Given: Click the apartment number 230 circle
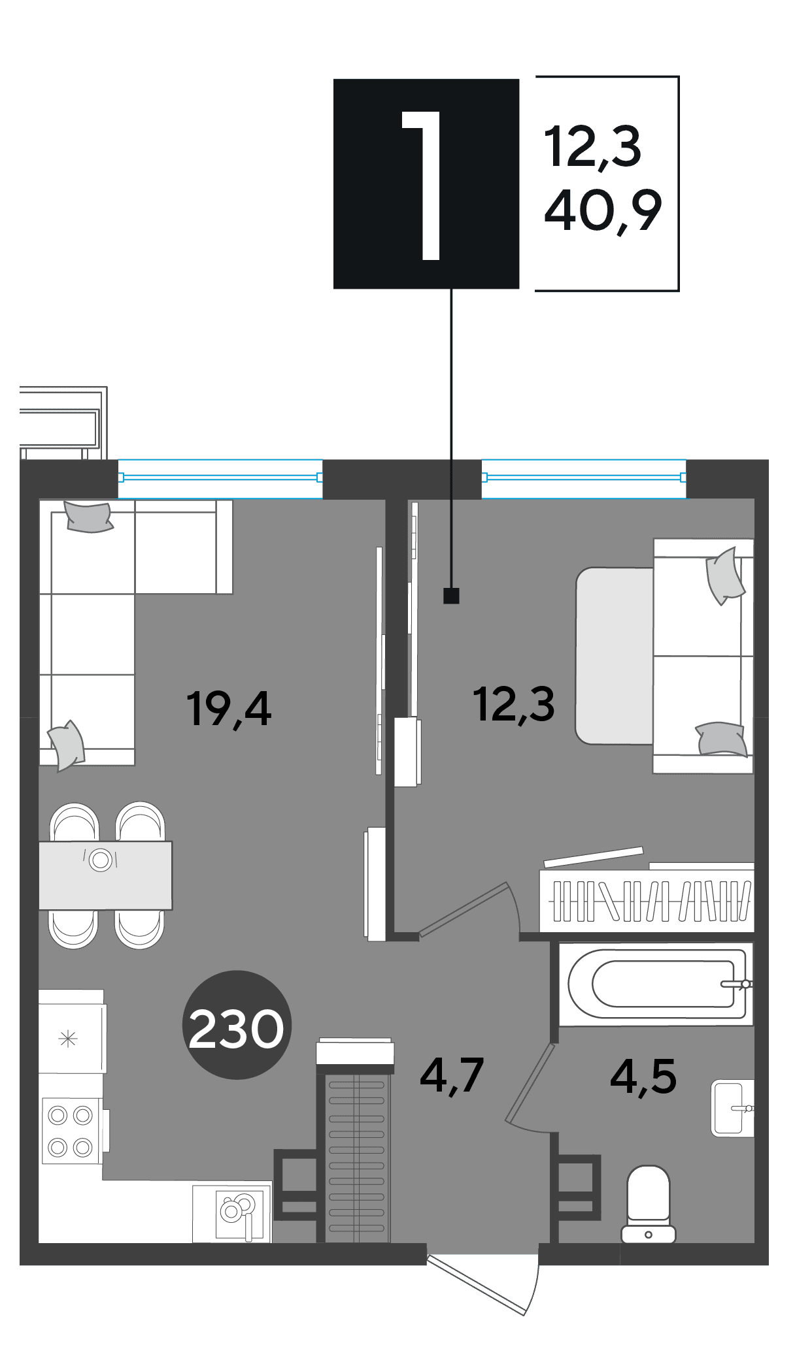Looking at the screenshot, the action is tap(236, 1024).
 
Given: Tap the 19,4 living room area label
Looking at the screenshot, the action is tap(228, 709).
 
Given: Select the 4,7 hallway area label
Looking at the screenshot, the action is tap(452, 1075).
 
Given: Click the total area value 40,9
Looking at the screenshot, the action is tap(603, 210).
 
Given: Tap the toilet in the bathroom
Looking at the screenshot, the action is tap(648, 1204).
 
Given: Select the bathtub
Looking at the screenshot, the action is tap(656, 984).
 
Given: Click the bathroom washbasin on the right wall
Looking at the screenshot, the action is tap(732, 1108).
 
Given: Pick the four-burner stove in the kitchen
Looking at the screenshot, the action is tap(71, 1131).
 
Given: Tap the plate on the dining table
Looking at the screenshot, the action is tap(101, 860).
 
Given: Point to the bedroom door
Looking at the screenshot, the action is tap(468, 909).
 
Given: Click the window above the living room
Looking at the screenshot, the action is tap(220, 478).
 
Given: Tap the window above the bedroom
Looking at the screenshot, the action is tap(584, 478).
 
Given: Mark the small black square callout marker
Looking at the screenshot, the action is tap(451, 595).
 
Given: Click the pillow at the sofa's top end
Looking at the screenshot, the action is tap(88, 517).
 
